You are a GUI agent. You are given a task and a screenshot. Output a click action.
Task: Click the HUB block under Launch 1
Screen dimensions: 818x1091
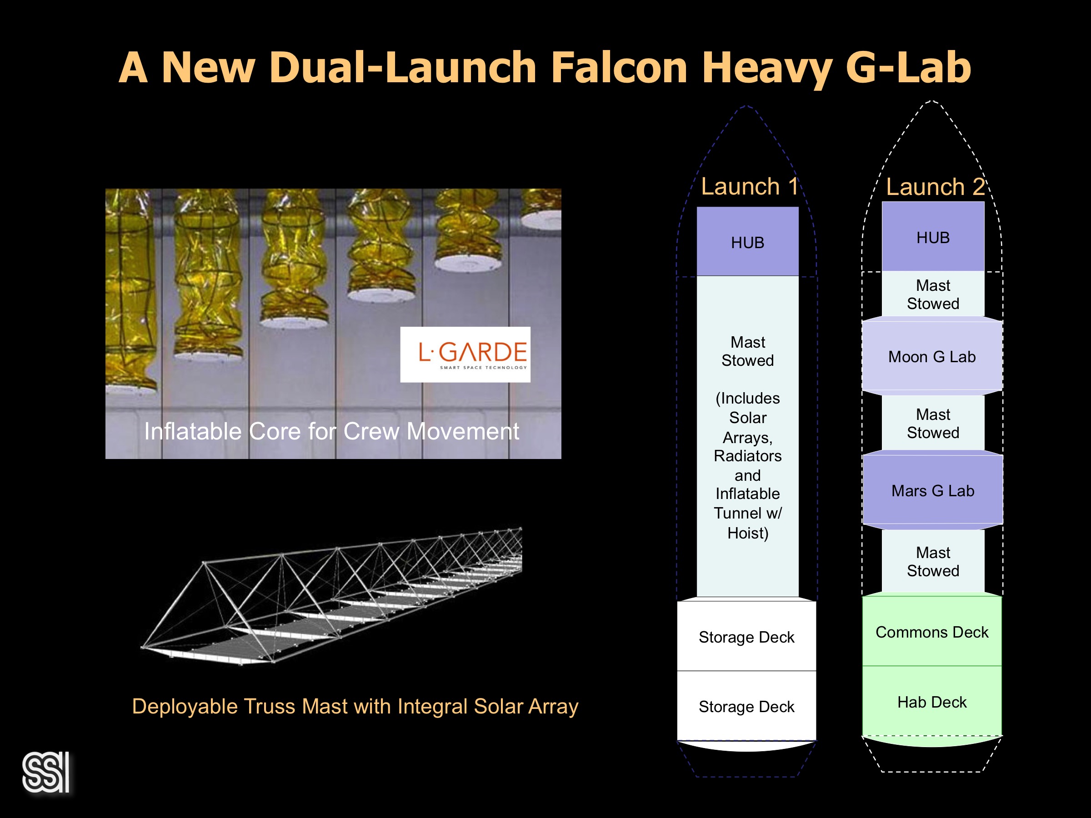[x=747, y=242]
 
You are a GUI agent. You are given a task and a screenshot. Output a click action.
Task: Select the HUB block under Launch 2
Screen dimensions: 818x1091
[x=933, y=237]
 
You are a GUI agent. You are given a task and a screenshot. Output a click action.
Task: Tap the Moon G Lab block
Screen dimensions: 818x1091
[x=932, y=356]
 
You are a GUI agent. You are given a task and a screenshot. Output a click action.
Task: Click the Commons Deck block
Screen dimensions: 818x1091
[x=932, y=632]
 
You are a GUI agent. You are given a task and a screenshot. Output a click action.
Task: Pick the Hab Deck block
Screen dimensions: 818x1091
[x=932, y=702]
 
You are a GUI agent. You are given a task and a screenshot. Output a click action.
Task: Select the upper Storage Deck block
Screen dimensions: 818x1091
[x=746, y=637]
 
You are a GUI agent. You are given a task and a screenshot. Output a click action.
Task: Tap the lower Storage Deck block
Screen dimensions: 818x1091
[x=746, y=706]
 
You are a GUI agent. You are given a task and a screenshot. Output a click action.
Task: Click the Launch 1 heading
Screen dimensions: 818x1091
[x=749, y=186]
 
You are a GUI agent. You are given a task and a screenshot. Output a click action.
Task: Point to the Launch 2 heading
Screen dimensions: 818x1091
[x=935, y=187]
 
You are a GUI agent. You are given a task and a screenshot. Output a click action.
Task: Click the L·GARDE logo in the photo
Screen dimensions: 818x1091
[x=465, y=354]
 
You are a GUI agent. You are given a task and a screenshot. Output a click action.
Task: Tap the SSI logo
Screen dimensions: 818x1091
[x=46, y=772]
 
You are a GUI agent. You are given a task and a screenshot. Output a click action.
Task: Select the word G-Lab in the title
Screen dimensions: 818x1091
[x=908, y=68]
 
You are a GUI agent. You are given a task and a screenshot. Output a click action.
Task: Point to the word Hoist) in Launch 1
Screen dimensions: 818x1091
[x=748, y=533]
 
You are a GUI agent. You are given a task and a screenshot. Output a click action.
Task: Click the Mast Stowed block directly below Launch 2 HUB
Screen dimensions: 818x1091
[x=933, y=294]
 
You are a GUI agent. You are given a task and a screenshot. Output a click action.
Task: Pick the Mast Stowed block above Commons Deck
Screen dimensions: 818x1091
[x=933, y=561]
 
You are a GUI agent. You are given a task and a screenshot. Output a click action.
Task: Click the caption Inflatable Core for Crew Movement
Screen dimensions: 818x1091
[x=331, y=431]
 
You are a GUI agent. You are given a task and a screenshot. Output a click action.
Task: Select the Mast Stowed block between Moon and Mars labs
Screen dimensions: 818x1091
[x=933, y=423]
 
